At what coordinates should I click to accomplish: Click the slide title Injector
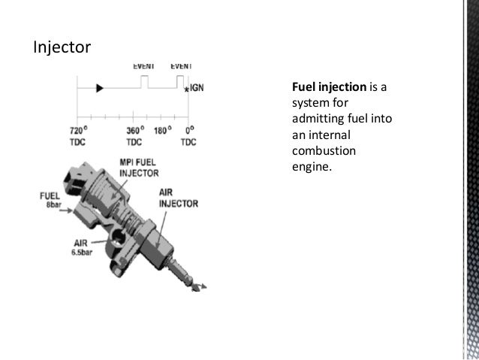[62, 48]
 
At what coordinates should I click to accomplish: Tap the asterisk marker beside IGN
[186, 91]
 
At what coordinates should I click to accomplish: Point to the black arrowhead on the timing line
[99, 88]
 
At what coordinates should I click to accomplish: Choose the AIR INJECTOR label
[177, 198]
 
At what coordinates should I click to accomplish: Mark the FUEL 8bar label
[50, 199]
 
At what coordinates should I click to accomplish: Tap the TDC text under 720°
[73, 142]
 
